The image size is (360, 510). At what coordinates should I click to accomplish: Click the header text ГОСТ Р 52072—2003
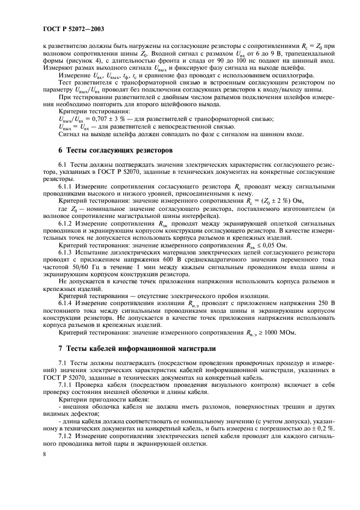tap(74, 27)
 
